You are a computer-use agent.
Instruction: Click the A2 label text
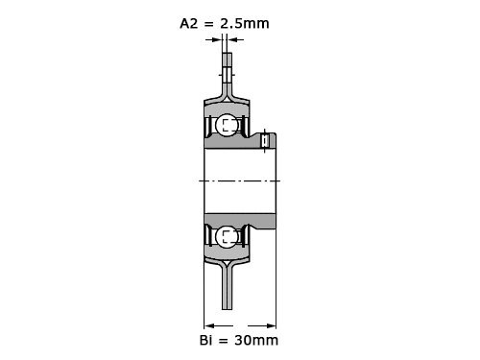pyautogui.click(x=189, y=24)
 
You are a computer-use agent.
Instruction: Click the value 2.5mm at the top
pyautogui.click(x=245, y=24)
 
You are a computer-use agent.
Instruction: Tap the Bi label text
pyautogui.click(x=205, y=340)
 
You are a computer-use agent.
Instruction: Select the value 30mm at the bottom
pyautogui.click(x=256, y=340)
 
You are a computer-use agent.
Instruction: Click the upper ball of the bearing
pyautogui.click(x=227, y=125)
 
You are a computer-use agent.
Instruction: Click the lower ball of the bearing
pyautogui.click(x=227, y=236)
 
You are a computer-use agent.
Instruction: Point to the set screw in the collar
pyautogui.click(x=265, y=141)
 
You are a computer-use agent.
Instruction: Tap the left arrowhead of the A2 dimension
pyautogui.click(x=218, y=39)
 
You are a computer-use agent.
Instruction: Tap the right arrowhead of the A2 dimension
pyautogui.click(x=231, y=39)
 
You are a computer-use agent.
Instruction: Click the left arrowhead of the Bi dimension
pyautogui.click(x=209, y=326)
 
